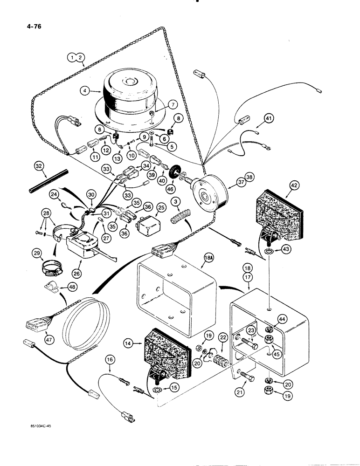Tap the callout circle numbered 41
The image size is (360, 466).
(268, 119)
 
